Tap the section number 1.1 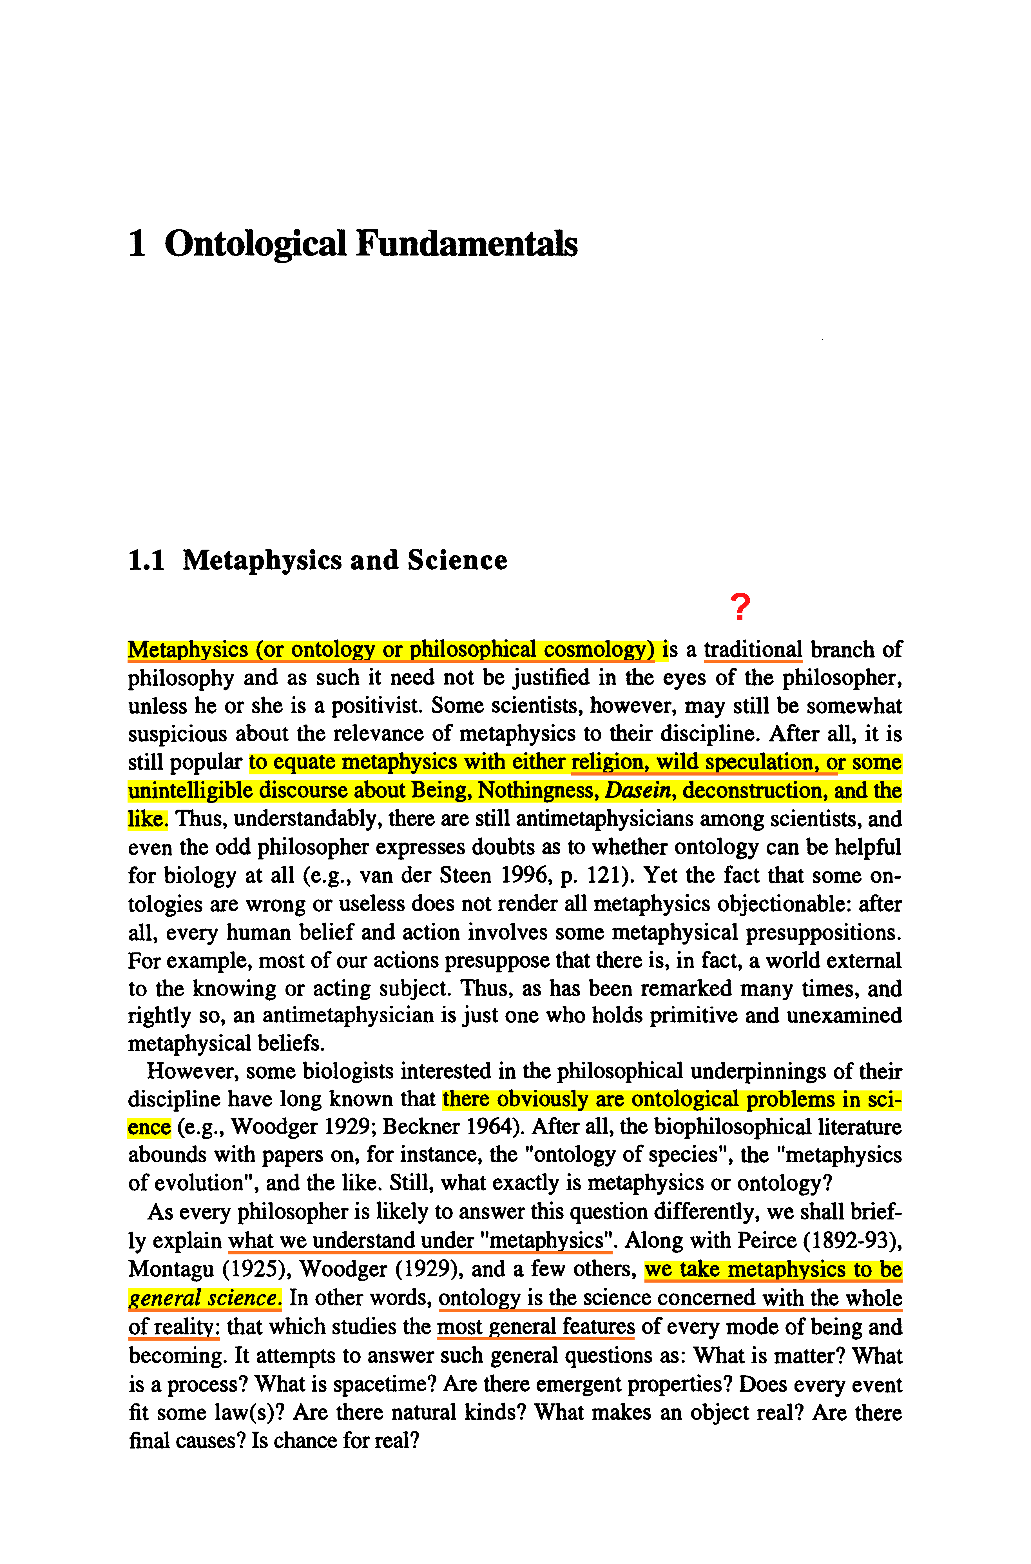146,560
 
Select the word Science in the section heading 457,560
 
